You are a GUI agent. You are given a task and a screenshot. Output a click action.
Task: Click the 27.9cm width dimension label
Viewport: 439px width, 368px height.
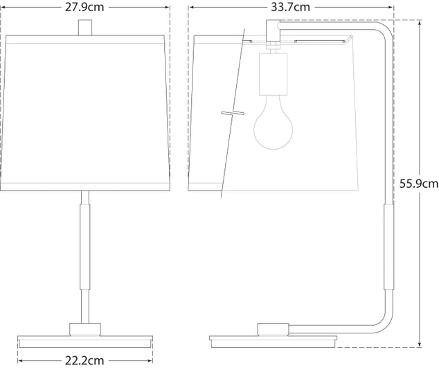tap(85, 8)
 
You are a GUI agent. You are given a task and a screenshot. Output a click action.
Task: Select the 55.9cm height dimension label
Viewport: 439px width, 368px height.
tap(419, 184)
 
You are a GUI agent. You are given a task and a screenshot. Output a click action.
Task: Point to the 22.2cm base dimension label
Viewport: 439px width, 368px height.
tap(85, 360)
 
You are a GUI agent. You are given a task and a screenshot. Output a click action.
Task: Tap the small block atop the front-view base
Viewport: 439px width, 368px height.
tap(85, 328)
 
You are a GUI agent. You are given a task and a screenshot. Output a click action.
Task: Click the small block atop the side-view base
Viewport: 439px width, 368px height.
tap(274, 328)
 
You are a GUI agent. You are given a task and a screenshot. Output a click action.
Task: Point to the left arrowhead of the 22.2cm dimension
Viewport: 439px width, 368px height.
tap(19, 360)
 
